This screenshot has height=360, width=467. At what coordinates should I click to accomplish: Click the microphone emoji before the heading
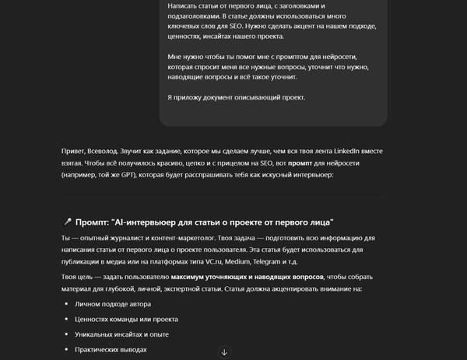66,222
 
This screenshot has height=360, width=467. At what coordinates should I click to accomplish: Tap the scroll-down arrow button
225,352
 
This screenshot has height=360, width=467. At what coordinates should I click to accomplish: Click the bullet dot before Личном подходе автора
66,304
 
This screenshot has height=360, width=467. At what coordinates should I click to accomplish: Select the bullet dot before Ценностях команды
66,320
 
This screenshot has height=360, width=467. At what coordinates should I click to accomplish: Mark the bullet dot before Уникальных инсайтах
66,334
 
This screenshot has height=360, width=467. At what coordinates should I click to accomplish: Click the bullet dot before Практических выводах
66,350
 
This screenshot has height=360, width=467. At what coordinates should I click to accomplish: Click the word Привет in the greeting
74,151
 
